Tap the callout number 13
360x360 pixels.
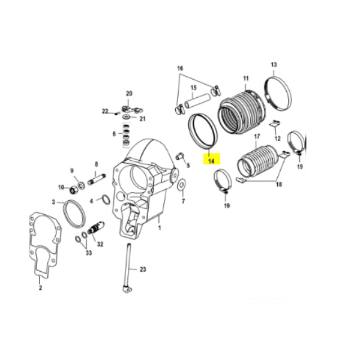tap(274, 65)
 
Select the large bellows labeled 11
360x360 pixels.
tap(242, 112)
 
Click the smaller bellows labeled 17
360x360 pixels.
tap(257, 161)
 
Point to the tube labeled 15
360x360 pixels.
tap(197, 101)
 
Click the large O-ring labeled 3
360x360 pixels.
tap(74, 214)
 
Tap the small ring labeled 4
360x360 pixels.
tap(106, 199)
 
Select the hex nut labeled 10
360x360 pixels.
tap(73, 190)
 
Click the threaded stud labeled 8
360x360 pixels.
tap(97, 179)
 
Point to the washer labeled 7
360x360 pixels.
tap(182, 185)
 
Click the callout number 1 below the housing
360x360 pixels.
tap(160, 228)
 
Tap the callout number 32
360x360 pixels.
tap(100, 244)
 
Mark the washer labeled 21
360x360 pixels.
tap(126, 117)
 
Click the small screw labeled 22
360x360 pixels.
tap(116, 113)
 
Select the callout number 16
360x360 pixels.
tap(180, 68)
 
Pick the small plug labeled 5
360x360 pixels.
tap(179, 157)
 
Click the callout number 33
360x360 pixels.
tap(89, 253)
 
